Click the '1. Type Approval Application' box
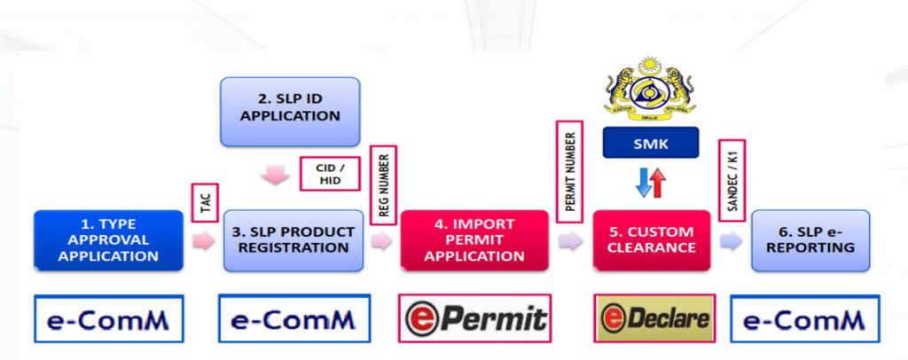[x=109, y=240]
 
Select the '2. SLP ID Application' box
[x=290, y=112]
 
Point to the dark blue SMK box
[x=650, y=143]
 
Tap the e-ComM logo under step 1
[x=108, y=318]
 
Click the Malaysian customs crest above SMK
[x=650, y=86]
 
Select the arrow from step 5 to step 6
[x=732, y=240]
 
